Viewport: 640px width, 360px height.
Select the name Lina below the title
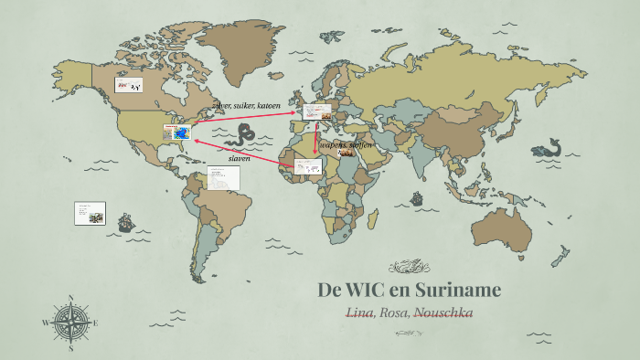click(x=359, y=312)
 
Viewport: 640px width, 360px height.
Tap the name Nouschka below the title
click(x=443, y=312)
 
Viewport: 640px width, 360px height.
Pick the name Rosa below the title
click(x=394, y=312)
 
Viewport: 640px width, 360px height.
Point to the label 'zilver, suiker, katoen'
click(x=246, y=106)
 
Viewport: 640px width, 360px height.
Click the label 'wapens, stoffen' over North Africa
click(x=346, y=145)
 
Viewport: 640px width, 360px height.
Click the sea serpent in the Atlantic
click(x=243, y=136)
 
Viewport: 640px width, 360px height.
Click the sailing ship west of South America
click(x=126, y=222)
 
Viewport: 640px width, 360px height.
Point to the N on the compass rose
click(x=70, y=299)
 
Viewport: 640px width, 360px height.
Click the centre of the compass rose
click(x=70, y=323)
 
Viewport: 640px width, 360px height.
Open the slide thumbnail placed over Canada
click(x=128, y=85)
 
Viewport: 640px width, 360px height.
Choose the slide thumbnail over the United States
click(x=176, y=132)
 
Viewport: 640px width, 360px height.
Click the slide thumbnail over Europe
click(x=317, y=112)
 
